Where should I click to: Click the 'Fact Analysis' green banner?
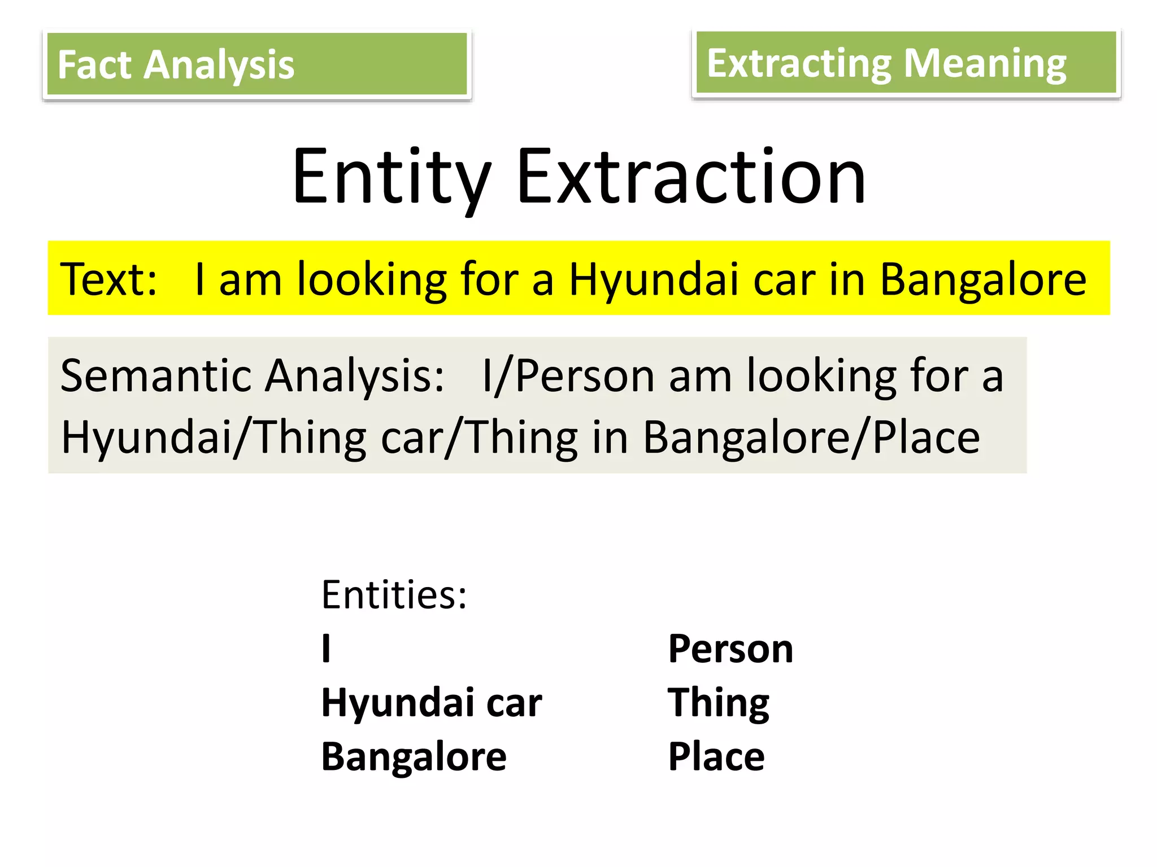257,64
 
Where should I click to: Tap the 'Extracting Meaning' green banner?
906,63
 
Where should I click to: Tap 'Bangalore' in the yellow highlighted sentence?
983,279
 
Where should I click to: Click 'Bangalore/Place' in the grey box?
811,438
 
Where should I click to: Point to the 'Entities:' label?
394,594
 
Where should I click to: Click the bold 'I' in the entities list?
326,649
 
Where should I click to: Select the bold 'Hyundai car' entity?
432,703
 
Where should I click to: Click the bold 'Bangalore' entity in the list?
414,756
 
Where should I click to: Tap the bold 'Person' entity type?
730,649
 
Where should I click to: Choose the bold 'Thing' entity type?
718,703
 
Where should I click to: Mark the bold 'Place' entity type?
716,756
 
